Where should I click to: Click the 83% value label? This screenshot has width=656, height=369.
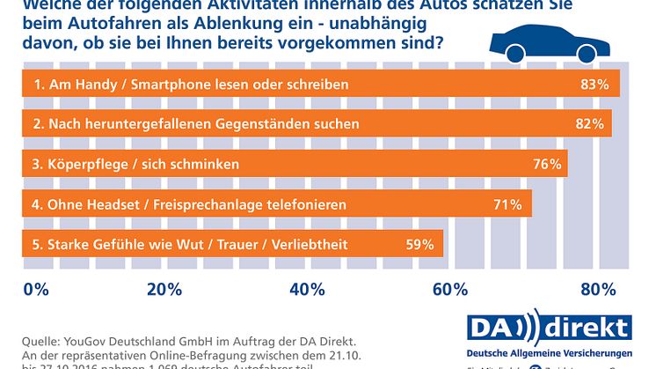pos(595,85)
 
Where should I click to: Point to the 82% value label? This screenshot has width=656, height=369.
pos(589,125)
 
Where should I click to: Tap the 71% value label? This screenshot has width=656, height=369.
pos(508,205)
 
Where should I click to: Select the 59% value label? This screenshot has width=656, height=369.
pos(419,245)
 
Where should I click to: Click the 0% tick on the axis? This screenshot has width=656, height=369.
pos(35,288)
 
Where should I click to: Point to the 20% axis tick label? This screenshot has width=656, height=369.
pos(164,288)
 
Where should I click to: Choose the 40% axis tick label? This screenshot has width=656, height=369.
pos(306,288)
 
